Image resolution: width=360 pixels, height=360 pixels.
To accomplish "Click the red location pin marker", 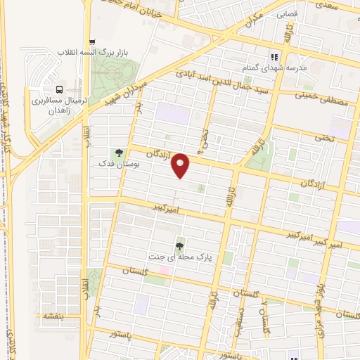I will [182, 165].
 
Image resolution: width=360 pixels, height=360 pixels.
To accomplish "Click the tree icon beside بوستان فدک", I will [118, 152].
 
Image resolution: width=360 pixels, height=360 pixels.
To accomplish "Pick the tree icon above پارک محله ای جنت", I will [181, 245].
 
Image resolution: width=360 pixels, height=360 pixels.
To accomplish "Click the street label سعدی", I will [342, 6].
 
